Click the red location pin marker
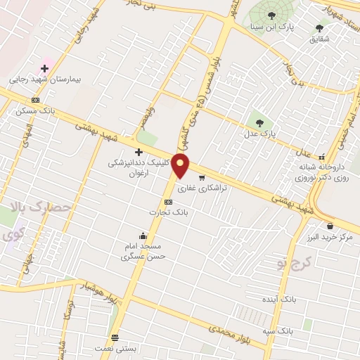coord(181,166)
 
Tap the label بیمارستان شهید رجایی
coord(46,80)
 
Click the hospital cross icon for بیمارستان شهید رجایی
coord(46,68)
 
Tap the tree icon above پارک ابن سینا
coord(271,15)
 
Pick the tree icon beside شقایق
coord(320,28)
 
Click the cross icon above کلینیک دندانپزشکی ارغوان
coord(139,152)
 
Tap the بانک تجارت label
coord(168,212)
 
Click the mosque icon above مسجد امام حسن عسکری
coord(143,236)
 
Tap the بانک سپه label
coord(295,330)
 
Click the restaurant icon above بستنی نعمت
coord(115,337)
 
